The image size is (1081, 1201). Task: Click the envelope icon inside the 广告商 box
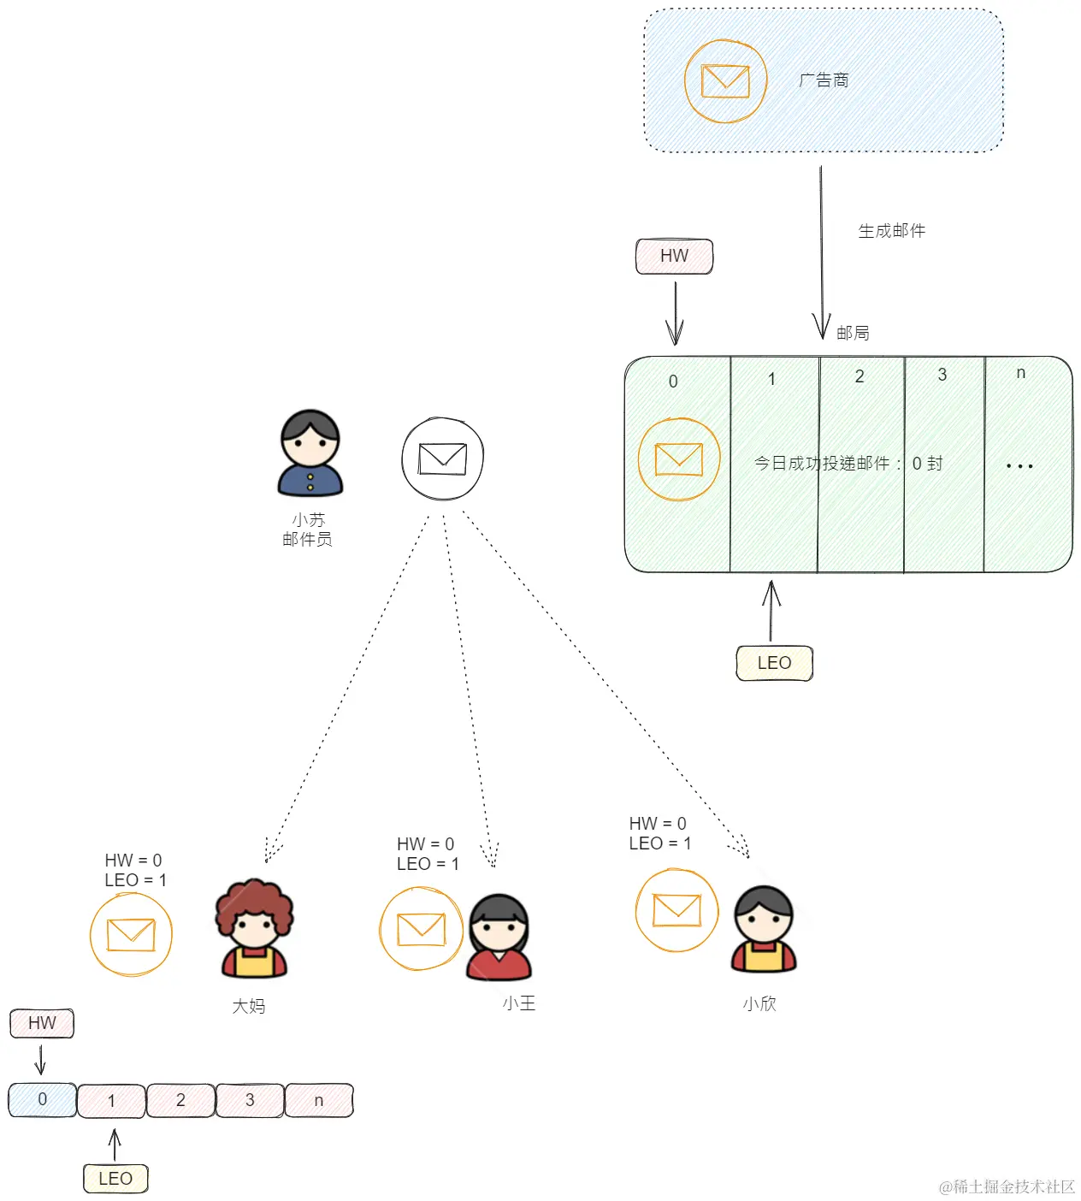click(725, 81)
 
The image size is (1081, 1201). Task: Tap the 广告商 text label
click(824, 80)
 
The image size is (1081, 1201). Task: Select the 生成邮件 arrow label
click(891, 231)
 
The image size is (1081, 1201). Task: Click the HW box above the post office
click(674, 256)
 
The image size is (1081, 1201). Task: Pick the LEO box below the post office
click(774, 663)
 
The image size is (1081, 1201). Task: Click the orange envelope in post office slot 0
click(679, 459)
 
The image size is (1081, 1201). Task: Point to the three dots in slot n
click(1019, 466)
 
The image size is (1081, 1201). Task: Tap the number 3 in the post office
click(942, 375)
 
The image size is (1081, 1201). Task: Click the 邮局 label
click(853, 333)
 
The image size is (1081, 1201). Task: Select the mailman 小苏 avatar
click(310, 453)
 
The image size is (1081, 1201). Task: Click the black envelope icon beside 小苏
click(443, 459)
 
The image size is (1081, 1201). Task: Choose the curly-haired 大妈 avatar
click(254, 929)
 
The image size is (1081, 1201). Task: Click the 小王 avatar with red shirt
click(499, 938)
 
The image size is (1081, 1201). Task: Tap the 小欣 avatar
click(764, 929)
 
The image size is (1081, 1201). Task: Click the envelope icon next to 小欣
click(676, 910)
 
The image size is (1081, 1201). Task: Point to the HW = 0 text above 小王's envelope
click(425, 844)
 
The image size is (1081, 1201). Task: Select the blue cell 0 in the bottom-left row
click(43, 1100)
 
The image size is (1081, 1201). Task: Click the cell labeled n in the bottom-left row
click(319, 1101)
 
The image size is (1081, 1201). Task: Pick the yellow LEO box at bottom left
click(115, 1179)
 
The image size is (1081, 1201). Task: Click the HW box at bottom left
click(42, 1023)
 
